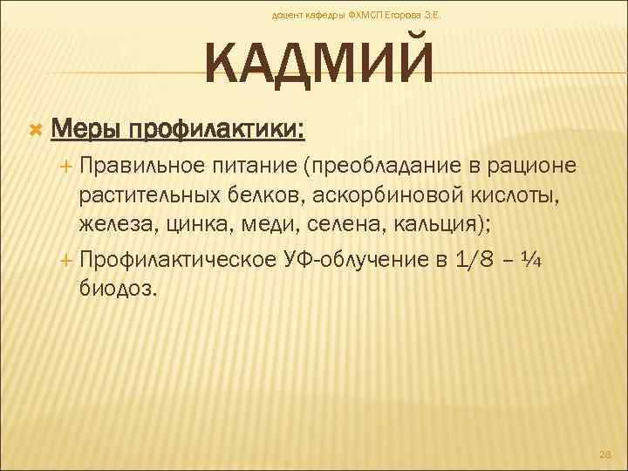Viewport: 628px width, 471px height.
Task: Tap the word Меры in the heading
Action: (86, 131)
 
